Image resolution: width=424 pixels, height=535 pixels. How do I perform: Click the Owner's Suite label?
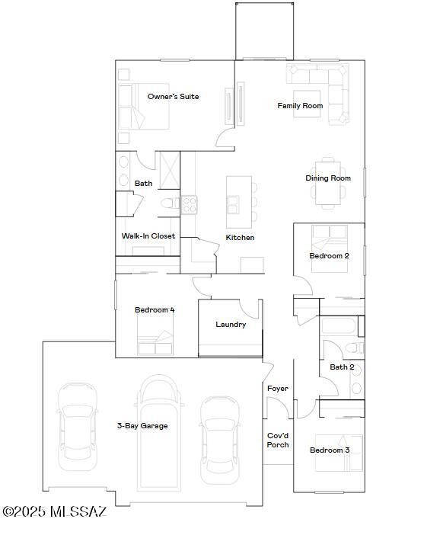(x=174, y=97)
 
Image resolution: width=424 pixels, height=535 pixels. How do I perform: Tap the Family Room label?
(x=300, y=106)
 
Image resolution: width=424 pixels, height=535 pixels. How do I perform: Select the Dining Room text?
(x=328, y=178)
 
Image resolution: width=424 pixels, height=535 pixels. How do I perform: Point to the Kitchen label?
(x=240, y=238)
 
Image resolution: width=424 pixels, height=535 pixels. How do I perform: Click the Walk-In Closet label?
(x=148, y=236)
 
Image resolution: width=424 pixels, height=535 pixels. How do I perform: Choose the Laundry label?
(x=231, y=325)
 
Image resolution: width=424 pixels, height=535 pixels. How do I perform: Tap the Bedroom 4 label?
(x=155, y=310)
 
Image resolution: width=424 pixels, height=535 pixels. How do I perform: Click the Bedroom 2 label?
(x=329, y=256)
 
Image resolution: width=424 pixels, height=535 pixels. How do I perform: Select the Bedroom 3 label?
(x=330, y=450)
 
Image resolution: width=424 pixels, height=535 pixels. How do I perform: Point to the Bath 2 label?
(x=342, y=367)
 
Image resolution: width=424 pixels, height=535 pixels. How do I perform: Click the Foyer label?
(x=278, y=389)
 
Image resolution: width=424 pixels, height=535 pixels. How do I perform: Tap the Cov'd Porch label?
(x=278, y=440)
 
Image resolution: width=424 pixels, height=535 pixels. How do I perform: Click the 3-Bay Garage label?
(x=142, y=426)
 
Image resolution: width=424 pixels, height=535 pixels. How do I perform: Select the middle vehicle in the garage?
(x=160, y=432)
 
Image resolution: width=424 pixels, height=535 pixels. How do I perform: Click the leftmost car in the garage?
(x=77, y=423)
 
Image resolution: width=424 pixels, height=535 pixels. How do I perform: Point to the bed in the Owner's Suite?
(x=131, y=106)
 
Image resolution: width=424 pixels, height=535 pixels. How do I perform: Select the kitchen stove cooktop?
(x=189, y=203)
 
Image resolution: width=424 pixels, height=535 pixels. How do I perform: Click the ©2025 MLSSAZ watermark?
(x=54, y=511)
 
